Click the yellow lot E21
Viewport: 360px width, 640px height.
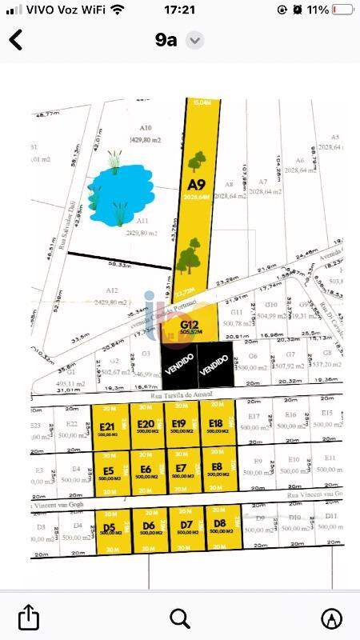point(109,427)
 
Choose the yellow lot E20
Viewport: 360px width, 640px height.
point(146,426)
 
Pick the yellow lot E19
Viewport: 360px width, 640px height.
point(179,426)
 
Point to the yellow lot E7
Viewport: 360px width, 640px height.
point(181,471)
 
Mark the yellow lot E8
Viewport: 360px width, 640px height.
point(216,470)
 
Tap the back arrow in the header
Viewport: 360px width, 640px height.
point(15,40)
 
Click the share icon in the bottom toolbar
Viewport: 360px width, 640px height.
point(28,617)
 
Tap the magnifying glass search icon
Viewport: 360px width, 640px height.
point(180,617)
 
